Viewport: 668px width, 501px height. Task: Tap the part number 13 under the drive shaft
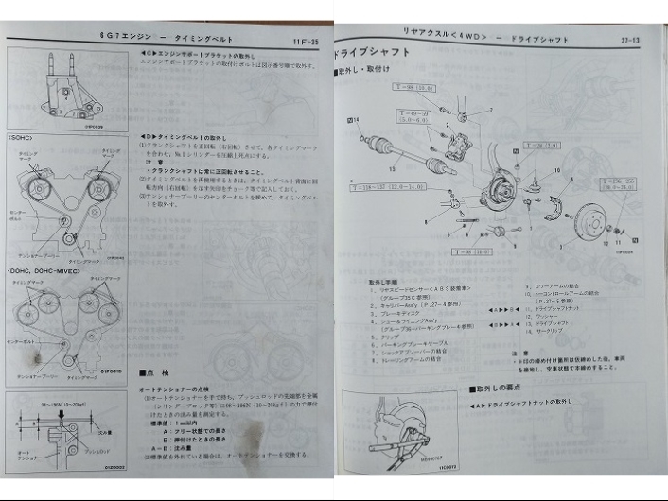[x=392, y=169]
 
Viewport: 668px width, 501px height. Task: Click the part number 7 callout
[x=491, y=112]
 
